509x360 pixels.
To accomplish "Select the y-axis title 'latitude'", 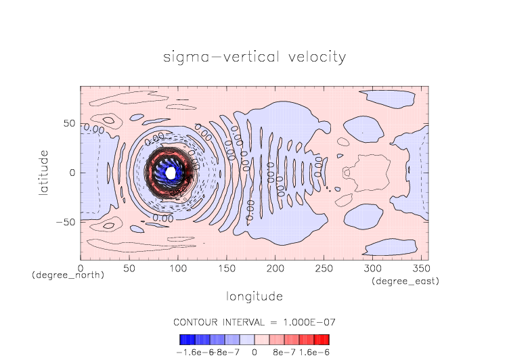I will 43,173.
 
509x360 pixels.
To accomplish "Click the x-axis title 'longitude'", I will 255,296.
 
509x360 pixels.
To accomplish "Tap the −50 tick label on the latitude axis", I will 66,222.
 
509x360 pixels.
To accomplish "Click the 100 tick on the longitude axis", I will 177,269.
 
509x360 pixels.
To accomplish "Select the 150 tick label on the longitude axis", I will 226,269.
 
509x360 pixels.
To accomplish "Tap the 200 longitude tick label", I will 275,269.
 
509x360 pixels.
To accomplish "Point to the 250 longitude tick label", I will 324,269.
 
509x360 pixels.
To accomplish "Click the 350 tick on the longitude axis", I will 420,269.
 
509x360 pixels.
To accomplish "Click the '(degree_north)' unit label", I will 68,276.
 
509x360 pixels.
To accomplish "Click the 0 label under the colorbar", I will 254,352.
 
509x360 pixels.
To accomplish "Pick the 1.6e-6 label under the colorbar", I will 314,352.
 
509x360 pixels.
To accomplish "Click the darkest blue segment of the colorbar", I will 184,340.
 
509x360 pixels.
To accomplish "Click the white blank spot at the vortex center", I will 171,173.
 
